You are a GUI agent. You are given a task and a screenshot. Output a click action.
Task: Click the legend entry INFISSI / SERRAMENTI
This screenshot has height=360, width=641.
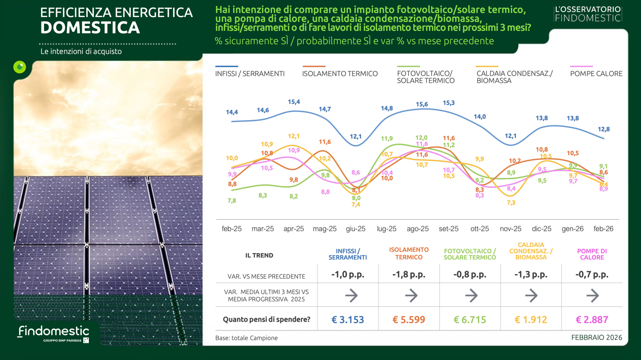pyautogui.click(x=250, y=74)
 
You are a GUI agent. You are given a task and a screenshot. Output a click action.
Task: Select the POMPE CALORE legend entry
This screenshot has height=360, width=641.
pyautogui.click(x=596, y=74)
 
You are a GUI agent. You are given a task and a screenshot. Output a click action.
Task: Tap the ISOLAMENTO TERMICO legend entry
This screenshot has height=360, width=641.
pyautogui.click(x=340, y=74)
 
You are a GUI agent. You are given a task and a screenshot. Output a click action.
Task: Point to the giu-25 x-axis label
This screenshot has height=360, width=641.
pyautogui.click(x=356, y=229)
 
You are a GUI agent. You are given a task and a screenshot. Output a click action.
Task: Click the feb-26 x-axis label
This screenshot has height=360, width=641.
pyautogui.click(x=603, y=229)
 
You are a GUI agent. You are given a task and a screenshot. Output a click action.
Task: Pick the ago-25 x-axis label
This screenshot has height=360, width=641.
pyautogui.click(x=418, y=229)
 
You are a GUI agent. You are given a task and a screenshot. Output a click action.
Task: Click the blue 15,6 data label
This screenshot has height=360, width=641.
pyautogui.click(x=422, y=104)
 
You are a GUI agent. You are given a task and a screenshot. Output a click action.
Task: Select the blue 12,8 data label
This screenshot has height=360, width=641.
pyautogui.click(x=603, y=129)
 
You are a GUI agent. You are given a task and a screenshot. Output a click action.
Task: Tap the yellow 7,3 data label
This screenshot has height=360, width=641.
pyautogui.click(x=511, y=203)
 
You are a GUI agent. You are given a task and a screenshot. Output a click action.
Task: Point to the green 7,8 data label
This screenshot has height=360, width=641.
pyautogui.click(x=232, y=201)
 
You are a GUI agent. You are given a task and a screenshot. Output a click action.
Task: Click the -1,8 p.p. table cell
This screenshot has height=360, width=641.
pyautogui.click(x=409, y=274)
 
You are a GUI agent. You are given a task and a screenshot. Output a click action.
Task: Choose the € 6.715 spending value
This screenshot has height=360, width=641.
pyautogui.click(x=470, y=319)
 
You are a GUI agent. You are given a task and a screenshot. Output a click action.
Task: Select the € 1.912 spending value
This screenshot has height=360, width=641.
pyautogui.click(x=531, y=319)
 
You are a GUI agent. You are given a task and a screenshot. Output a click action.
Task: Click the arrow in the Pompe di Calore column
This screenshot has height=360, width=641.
pyautogui.click(x=592, y=295)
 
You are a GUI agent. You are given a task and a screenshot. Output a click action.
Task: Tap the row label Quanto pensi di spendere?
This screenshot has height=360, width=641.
pyautogui.click(x=266, y=319)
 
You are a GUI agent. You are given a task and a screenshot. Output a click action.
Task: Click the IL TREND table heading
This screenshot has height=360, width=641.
pyautogui.click(x=259, y=255)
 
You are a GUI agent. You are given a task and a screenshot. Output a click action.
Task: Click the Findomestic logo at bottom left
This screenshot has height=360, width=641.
pyautogui.click(x=53, y=333)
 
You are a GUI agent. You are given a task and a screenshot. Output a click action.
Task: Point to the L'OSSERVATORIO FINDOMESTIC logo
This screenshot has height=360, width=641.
pyautogui.click(x=588, y=14)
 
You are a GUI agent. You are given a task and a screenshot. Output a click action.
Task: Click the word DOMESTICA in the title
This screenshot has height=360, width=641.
pyautogui.click(x=90, y=28)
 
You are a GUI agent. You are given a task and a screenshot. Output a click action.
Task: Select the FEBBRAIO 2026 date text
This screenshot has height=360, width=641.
pyautogui.click(x=597, y=337)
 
